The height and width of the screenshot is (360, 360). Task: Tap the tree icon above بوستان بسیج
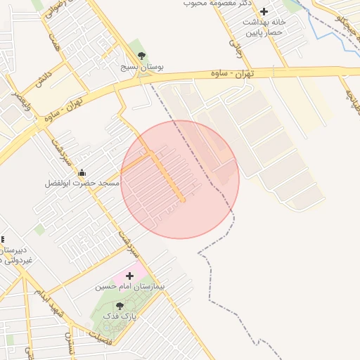point(142,56)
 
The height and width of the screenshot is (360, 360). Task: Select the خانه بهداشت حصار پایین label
point(263,27)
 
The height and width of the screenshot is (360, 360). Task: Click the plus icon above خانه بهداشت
point(264,11)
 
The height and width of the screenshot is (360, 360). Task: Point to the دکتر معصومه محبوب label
point(217,3)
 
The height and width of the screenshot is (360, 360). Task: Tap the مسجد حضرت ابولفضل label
point(82,183)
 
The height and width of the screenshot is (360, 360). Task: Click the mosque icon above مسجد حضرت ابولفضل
point(82,172)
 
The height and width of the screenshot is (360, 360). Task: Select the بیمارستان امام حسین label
point(129,287)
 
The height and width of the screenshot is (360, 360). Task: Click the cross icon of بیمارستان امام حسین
point(129,276)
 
